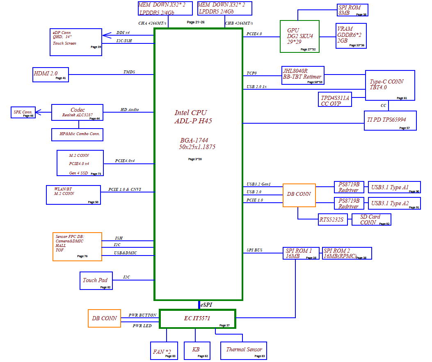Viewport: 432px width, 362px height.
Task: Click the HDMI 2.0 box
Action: coord(50,75)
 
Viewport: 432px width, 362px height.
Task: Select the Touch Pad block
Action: coord(96,281)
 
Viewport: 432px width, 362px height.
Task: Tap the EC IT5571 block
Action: coord(197,319)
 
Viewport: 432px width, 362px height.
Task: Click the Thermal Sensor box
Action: coord(244,351)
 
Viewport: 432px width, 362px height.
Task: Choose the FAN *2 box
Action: coord(164,351)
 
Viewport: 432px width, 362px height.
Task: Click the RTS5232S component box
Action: coord(331,219)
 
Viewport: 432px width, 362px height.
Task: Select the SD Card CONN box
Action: coord(371,219)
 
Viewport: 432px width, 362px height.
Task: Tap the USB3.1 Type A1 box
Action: coord(394,188)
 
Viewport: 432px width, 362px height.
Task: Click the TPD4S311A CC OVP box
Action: coord(336,100)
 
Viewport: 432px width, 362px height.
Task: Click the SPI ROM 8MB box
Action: coord(352,10)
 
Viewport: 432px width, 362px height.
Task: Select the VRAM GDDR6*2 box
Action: coord(351,35)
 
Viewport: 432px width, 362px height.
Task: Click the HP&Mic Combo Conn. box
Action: coord(77,134)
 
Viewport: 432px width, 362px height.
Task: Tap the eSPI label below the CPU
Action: coord(206,305)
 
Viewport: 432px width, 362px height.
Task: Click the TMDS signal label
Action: coord(129,72)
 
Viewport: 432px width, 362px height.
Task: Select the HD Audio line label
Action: coord(130,110)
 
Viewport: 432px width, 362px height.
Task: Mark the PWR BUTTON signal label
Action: coord(142,315)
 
